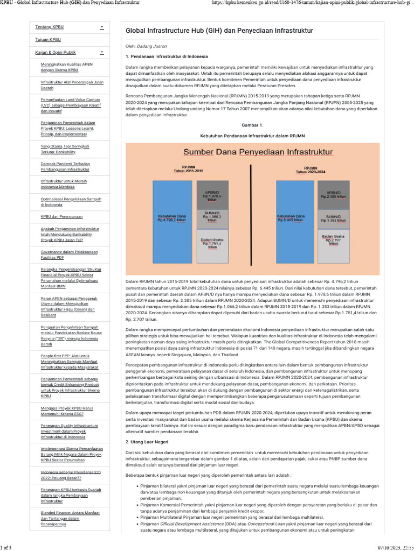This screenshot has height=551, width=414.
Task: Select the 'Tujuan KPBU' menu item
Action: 48,39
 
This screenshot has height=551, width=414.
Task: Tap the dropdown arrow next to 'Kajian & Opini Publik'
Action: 101,52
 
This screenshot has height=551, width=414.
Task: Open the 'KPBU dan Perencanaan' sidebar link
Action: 61,216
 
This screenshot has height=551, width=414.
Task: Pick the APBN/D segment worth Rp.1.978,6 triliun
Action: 212,195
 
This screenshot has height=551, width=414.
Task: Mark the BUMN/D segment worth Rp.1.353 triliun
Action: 334,219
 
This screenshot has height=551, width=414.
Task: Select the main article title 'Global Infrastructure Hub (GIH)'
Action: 219,31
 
